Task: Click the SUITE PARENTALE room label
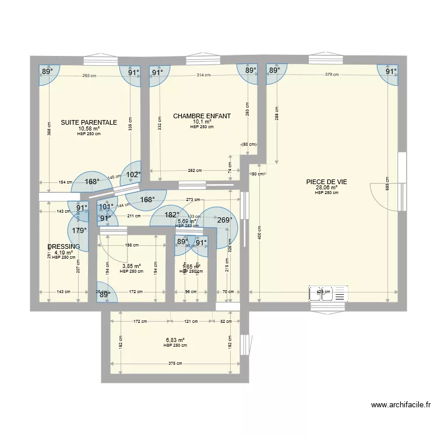[89, 123]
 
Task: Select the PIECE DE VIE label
[326, 182]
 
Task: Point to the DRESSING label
[64, 247]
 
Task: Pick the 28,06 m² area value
[326, 188]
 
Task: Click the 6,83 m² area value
[175, 340]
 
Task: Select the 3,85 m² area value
[131, 266]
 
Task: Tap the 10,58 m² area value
[89, 129]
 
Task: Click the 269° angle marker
[224, 220]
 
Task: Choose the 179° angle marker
[79, 230]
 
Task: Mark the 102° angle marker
[134, 174]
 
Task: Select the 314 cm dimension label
[203, 75]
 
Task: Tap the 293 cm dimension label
[89, 75]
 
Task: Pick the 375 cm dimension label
[175, 365]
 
